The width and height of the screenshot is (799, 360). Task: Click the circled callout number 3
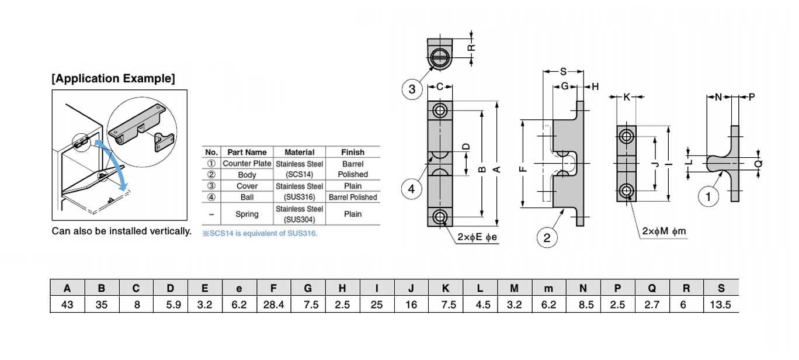coord(412,89)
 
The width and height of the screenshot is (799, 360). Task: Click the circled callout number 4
coord(412,189)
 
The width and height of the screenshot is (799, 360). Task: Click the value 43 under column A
coord(67,304)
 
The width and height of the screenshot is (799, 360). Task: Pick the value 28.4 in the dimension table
coord(273,304)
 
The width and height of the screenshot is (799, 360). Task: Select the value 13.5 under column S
coord(721,304)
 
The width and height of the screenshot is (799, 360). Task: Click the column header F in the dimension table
coord(273,288)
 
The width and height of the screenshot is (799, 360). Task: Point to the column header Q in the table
coord(652,288)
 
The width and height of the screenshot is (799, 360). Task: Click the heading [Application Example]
coord(113,78)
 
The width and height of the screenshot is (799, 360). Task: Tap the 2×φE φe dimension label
coord(478,237)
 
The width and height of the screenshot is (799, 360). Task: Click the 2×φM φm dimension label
coord(664,232)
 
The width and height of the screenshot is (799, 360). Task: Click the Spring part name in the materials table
coord(247,214)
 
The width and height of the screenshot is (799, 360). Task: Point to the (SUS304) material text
coord(299,220)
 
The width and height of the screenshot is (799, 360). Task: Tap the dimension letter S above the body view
coord(563,71)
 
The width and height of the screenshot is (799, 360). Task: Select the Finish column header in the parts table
coord(352,152)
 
